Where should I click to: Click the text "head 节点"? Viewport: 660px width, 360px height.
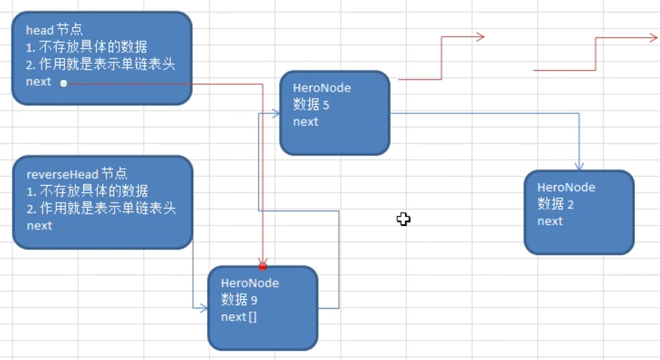click(x=54, y=30)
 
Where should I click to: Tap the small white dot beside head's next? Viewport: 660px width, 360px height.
click(x=63, y=83)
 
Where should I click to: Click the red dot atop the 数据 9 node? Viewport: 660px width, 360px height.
click(x=263, y=266)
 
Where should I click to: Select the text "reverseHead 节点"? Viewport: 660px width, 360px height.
click(x=76, y=174)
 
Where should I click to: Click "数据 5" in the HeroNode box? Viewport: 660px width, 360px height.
click(x=311, y=105)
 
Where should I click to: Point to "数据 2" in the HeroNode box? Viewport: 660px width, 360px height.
click(x=555, y=204)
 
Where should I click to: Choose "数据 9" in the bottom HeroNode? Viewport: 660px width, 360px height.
click(x=240, y=300)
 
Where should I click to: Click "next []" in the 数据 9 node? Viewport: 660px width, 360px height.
click(x=239, y=317)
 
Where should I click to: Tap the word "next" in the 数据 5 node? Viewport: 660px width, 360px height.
click(x=306, y=122)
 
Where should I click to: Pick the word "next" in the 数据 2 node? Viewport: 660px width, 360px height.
click(x=550, y=221)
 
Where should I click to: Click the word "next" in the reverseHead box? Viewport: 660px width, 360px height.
click(x=40, y=225)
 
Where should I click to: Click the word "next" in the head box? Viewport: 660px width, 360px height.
click(x=39, y=81)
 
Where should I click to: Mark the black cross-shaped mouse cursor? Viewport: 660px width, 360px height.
click(x=404, y=220)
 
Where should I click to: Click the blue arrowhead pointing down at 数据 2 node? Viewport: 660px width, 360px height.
click(x=579, y=166)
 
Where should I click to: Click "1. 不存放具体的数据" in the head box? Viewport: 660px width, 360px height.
click(x=87, y=47)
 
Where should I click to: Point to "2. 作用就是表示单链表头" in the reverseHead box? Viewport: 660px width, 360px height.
click(x=101, y=208)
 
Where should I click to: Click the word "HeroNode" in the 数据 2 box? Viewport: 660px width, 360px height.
click(x=566, y=187)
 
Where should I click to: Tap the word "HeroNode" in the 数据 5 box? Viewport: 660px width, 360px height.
click(x=322, y=88)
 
